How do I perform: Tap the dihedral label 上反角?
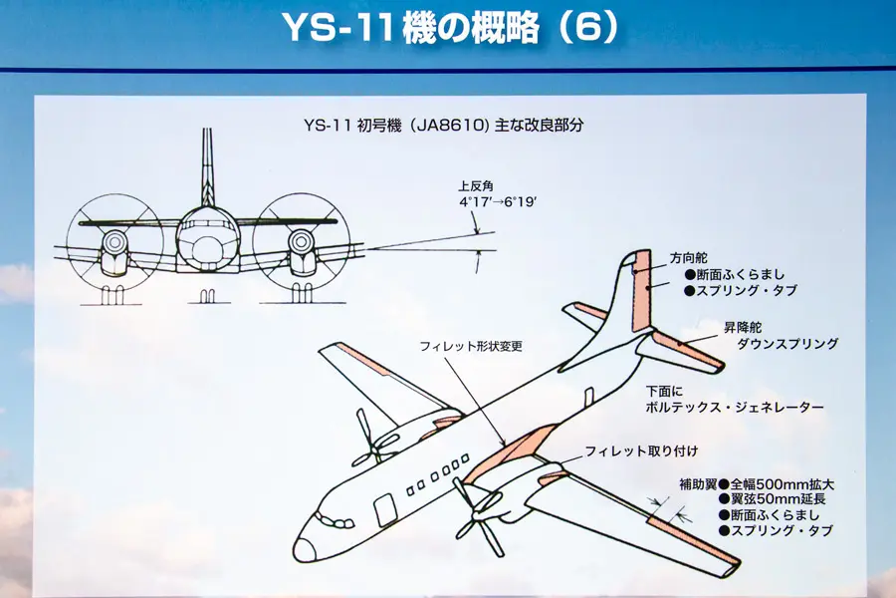(x=476, y=186)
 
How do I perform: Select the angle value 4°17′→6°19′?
(x=497, y=201)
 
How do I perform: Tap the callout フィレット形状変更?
(x=471, y=346)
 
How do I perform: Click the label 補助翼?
(x=696, y=483)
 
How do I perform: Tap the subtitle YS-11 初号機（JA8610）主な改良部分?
(x=443, y=126)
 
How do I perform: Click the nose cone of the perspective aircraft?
(x=305, y=548)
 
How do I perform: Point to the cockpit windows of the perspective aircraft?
(x=332, y=520)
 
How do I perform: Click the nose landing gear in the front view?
(x=208, y=296)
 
